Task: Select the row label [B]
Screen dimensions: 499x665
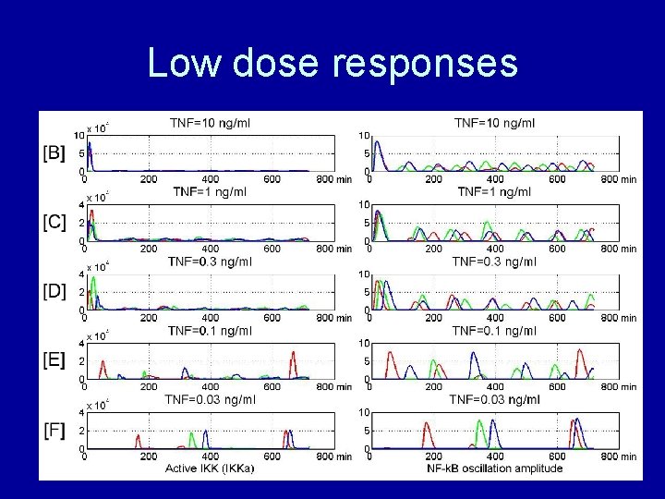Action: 54,153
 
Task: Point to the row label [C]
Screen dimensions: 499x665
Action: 54,224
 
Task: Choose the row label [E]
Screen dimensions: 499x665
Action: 54,361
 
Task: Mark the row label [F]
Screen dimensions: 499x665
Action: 54,431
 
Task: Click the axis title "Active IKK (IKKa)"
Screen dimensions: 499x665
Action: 210,469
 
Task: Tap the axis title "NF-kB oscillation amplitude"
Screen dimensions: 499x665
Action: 494,469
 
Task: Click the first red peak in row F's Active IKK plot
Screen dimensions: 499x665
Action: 138,437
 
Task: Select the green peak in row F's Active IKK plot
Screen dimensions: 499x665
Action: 191,435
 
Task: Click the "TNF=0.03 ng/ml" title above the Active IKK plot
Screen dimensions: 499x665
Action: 210,399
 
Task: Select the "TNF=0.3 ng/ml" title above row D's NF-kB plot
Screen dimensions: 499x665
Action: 494,262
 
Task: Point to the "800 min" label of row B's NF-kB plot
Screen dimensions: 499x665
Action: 618,178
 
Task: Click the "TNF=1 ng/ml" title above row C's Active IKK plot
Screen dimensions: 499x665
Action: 210,191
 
